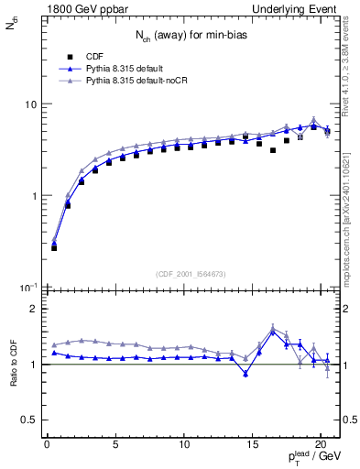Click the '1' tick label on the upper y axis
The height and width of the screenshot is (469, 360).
click(32, 196)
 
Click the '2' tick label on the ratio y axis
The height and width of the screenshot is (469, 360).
click(32, 309)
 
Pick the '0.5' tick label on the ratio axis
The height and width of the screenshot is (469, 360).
click(28, 420)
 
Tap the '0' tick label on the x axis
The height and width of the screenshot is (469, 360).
click(48, 446)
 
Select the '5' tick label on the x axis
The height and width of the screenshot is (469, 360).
click(115, 446)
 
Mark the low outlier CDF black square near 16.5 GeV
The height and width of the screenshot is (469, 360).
click(273, 150)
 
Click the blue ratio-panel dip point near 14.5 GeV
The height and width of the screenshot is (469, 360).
click(245, 374)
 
